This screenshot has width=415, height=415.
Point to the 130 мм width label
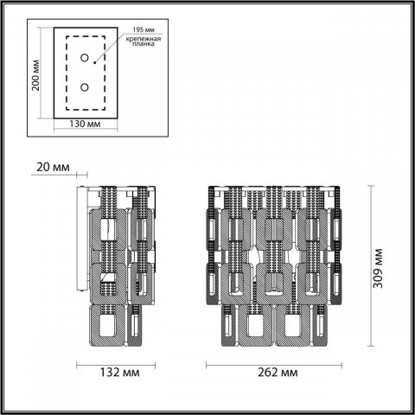83,125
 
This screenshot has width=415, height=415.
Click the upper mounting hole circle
85,58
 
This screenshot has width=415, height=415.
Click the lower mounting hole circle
85,86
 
